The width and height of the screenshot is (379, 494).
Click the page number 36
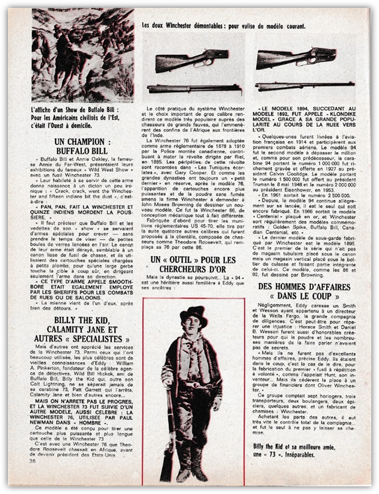click(33, 460)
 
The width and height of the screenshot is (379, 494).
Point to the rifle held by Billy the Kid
click(169, 433)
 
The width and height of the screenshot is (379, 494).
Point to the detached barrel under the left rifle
click(193, 89)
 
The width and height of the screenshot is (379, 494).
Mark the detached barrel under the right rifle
click(299, 87)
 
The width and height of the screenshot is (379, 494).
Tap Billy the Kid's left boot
click(199, 462)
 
